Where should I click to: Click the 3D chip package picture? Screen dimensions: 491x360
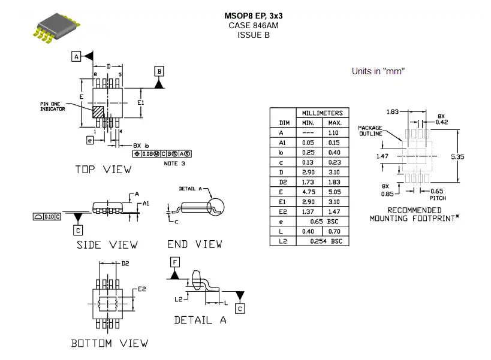click(56, 28)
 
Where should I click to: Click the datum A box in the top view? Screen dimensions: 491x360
click(76, 57)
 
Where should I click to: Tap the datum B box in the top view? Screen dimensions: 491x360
click(159, 71)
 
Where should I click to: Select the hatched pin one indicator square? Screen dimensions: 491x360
click(98, 112)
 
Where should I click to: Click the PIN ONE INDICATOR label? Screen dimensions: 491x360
click(53, 107)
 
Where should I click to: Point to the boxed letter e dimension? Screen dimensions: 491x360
click(90, 140)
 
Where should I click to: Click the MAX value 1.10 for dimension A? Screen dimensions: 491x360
click(333, 133)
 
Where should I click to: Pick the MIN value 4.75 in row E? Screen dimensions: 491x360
click(308, 192)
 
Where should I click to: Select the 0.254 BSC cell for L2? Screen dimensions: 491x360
click(326, 241)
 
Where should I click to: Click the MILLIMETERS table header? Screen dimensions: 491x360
click(322, 113)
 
